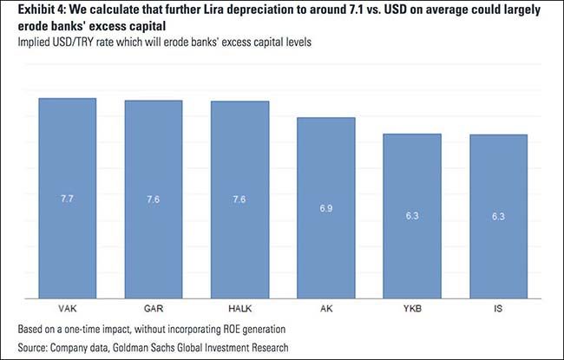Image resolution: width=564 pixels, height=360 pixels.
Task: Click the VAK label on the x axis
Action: pos(67,309)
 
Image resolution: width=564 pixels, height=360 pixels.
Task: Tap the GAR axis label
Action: pos(153,309)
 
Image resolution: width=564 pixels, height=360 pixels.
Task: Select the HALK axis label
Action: pos(239,309)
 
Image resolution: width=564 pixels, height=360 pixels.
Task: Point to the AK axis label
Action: pos(326,309)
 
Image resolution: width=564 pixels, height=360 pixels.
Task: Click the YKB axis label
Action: pos(412,309)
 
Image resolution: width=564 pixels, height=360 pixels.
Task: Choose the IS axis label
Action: pos(499,309)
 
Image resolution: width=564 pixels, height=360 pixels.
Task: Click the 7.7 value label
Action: pos(67,200)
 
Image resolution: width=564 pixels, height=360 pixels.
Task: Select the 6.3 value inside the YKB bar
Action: pos(412,216)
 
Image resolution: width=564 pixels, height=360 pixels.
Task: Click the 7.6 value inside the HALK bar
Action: pos(239,200)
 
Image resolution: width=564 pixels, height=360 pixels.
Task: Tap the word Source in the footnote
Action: pos(33,345)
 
